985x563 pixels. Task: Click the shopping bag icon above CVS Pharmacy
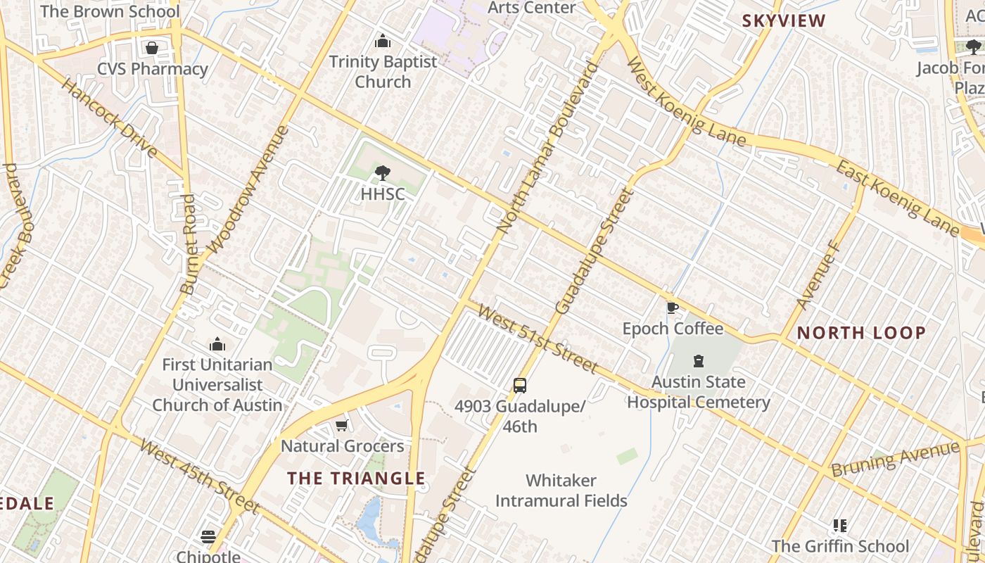coord(151,48)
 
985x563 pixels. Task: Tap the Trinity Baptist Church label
coord(383,72)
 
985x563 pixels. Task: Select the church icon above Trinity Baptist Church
coord(383,41)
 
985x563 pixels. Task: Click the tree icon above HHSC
coord(383,172)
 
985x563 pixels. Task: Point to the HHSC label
coord(383,194)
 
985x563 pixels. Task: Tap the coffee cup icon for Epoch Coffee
coord(673,308)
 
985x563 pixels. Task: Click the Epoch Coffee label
coord(673,329)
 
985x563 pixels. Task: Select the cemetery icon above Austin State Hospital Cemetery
coord(698,361)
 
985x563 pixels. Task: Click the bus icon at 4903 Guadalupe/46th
coord(520,386)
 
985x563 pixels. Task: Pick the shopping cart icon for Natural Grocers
coord(342,424)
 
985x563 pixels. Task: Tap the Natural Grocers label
coord(342,446)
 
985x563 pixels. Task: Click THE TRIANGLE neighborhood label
coord(356,479)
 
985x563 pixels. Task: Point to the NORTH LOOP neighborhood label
coord(861,333)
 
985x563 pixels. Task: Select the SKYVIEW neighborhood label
coord(784,21)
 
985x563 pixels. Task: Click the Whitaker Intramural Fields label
coord(561,491)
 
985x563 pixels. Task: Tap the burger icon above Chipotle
coord(208,536)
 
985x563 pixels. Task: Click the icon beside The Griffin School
coord(839,525)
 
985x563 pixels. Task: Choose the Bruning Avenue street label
coord(895,460)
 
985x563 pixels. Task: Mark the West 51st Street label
coord(538,339)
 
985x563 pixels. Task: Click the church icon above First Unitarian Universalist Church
coord(217,344)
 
